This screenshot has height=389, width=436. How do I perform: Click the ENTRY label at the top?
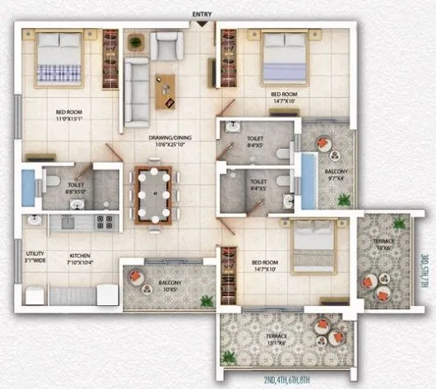point(200,14)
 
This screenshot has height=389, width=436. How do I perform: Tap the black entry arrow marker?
point(200,24)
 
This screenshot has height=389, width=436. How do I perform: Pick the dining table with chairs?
point(154,194)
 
